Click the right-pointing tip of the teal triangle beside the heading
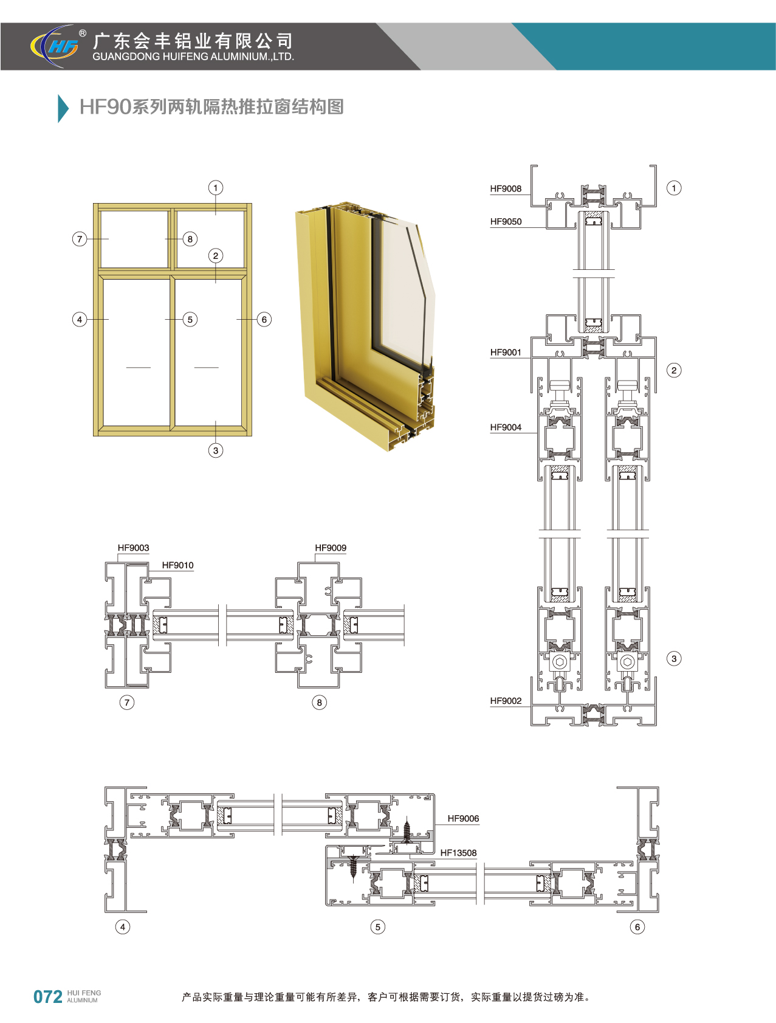(x=69, y=109)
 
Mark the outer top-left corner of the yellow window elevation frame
(x=94, y=204)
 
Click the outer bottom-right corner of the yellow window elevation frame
(x=252, y=436)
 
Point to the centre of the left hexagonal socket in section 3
(x=560, y=661)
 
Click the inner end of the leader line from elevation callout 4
(x=109, y=319)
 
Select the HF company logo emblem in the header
(x=55, y=46)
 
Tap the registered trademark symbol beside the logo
(x=83, y=34)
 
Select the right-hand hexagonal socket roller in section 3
(x=628, y=661)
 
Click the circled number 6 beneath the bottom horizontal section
(x=637, y=926)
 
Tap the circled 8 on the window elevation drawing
(x=190, y=239)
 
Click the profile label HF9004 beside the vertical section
(x=506, y=427)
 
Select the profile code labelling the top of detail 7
(x=133, y=548)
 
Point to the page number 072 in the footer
(x=48, y=997)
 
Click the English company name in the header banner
(x=193, y=57)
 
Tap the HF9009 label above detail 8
(x=331, y=548)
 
